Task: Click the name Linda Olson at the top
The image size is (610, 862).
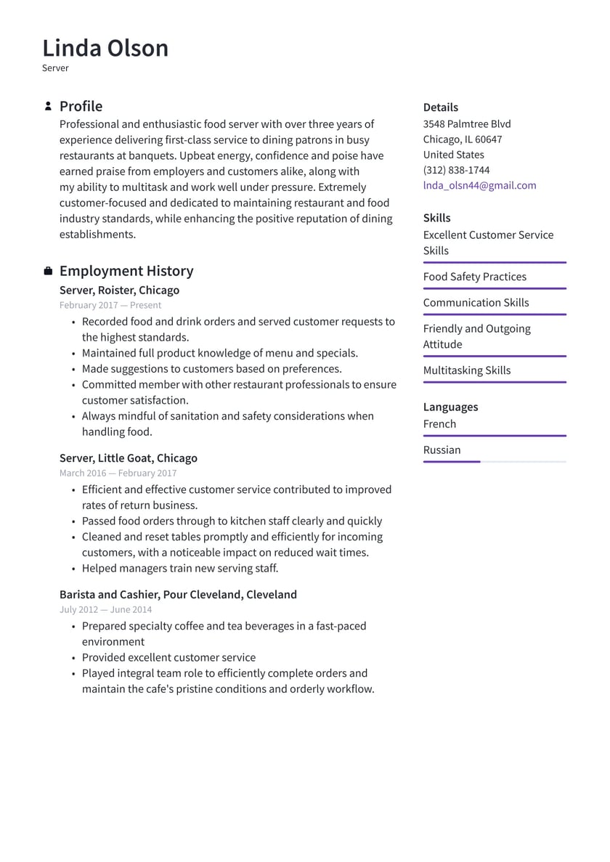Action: coord(105,48)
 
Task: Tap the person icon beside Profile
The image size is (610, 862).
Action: coord(48,106)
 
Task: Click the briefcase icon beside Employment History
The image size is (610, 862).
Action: coord(48,271)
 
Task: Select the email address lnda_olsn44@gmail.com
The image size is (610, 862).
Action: coord(479,185)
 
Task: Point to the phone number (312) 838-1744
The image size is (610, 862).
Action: coord(456,170)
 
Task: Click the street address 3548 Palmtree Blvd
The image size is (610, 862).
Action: coord(467,123)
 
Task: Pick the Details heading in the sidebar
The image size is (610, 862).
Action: coord(440,107)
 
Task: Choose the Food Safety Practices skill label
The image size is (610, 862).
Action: coord(474,277)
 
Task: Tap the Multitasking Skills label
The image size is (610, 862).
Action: coord(466,370)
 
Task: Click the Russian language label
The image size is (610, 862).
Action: coord(442,450)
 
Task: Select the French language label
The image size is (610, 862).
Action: coord(439,424)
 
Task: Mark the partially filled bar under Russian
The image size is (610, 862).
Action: coord(452,461)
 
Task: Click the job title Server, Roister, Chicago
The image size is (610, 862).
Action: coord(119,290)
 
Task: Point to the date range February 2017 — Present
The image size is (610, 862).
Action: coord(110,305)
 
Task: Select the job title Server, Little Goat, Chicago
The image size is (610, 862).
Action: coord(128,458)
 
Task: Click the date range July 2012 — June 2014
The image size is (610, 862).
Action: coord(105,609)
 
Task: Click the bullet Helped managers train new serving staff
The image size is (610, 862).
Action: coord(179,568)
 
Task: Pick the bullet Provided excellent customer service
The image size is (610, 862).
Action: coord(168,657)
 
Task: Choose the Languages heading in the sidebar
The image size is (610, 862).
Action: coord(450,407)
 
